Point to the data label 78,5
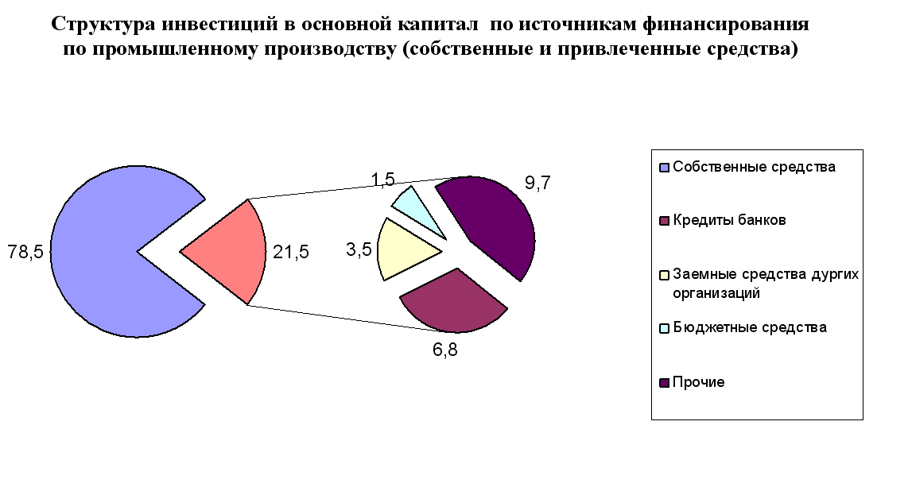click(x=25, y=252)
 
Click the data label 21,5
click(x=291, y=252)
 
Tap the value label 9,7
click(x=537, y=183)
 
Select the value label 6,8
click(x=445, y=350)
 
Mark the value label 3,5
click(x=359, y=249)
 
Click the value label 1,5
click(x=382, y=180)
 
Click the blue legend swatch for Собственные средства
click(x=664, y=168)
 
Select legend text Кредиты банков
click(x=729, y=220)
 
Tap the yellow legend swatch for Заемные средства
click(x=664, y=275)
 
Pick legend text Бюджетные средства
click(x=750, y=327)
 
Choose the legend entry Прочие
click(x=699, y=382)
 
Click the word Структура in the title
click(x=103, y=25)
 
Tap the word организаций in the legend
click(x=716, y=293)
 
